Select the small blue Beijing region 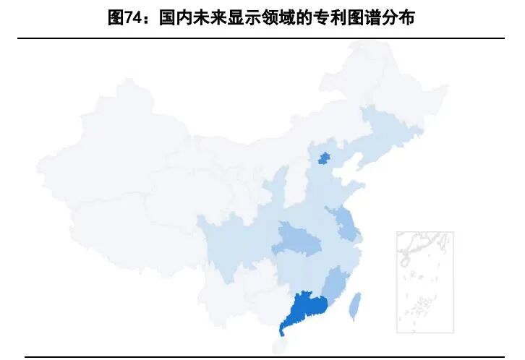click(325, 158)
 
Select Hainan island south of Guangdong click(279, 346)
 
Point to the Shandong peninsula click(343, 189)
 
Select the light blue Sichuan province click(231, 242)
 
